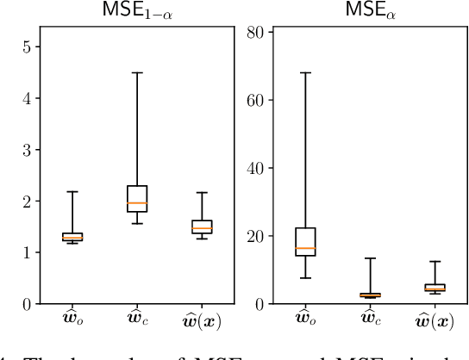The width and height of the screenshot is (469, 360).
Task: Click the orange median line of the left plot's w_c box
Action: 137,203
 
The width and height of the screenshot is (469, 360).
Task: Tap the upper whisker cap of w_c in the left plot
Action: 137,72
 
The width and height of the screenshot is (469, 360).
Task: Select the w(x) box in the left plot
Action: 201,227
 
